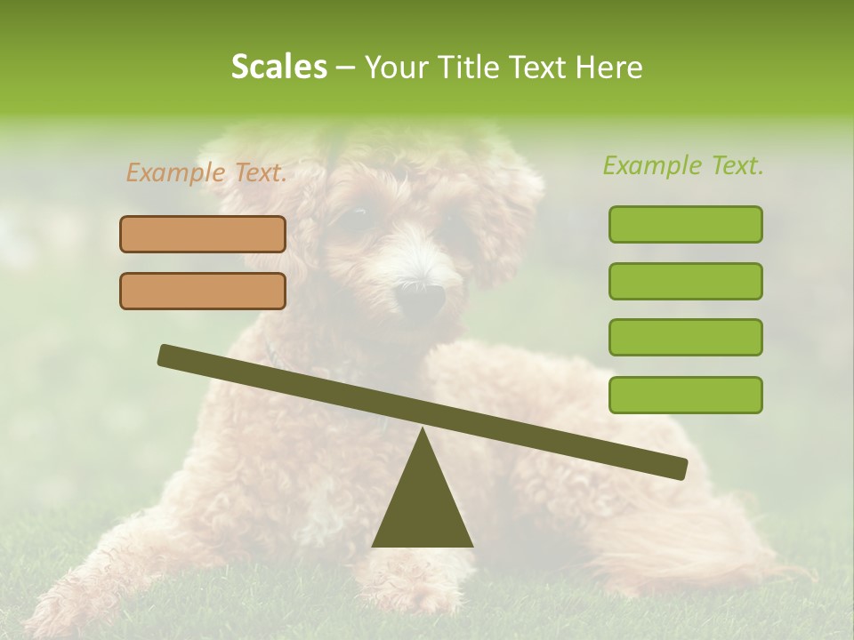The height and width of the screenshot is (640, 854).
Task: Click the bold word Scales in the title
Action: [x=279, y=68]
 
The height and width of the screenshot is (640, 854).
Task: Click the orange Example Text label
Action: [x=206, y=173]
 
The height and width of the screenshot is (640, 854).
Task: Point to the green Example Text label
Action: [x=683, y=165]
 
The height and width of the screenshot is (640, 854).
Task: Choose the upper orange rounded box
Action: [x=203, y=234]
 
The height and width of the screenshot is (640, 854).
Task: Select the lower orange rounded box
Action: [x=203, y=291]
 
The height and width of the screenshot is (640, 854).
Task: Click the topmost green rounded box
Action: [x=685, y=224]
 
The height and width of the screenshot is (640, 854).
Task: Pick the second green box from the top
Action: [x=685, y=281]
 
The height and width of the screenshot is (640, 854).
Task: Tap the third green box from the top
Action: [x=685, y=338]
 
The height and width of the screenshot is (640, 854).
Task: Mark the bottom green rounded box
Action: [x=685, y=395]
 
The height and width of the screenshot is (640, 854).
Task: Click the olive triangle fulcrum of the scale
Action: [x=423, y=507]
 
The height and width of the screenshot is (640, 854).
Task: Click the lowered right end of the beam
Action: [x=678, y=468]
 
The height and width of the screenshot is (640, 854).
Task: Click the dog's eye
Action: [x=358, y=216]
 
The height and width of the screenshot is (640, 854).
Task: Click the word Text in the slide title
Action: [x=541, y=68]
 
